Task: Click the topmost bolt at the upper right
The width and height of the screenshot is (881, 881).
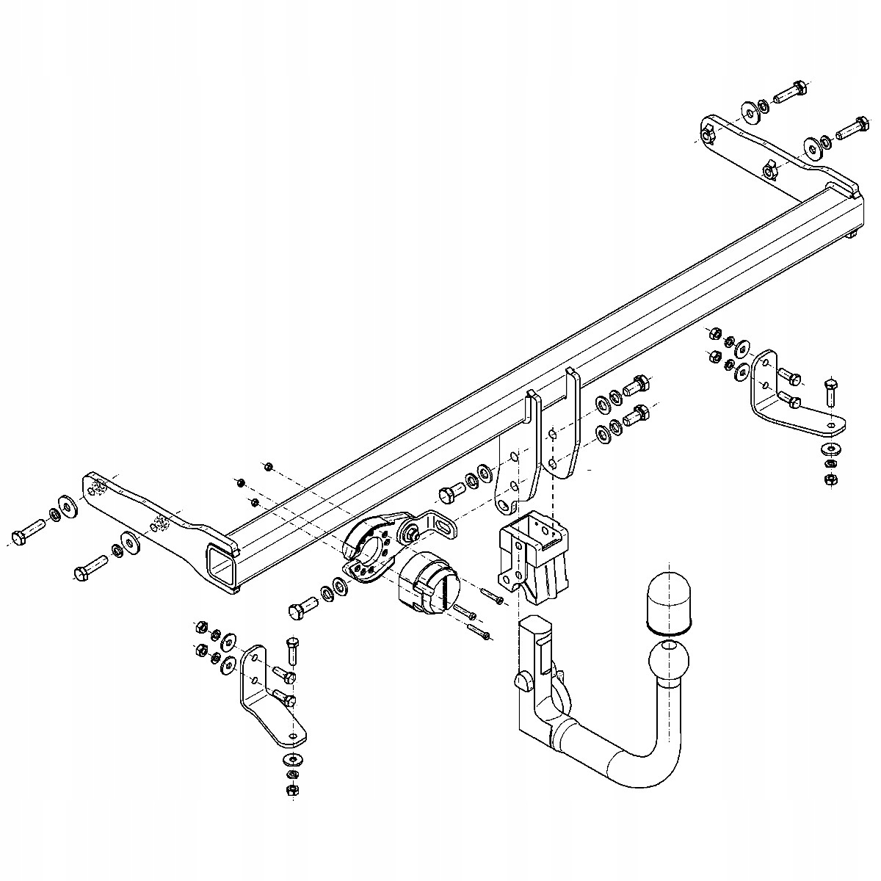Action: click(x=790, y=92)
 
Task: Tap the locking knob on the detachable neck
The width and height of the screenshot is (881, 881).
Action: click(x=523, y=679)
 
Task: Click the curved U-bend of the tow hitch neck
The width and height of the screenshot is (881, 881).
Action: click(x=646, y=764)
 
